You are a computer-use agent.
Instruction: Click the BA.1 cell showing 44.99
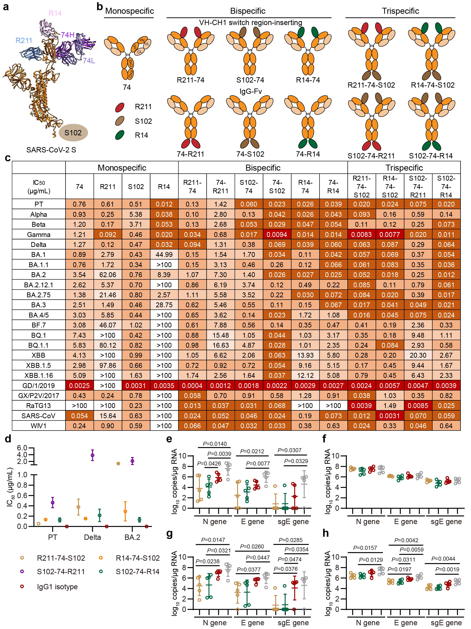[x=164, y=254]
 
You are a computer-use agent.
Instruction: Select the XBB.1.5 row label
[x=39, y=365]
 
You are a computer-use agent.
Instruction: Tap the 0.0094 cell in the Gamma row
[x=277, y=235]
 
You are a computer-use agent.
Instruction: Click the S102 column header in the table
[x=136, y=187]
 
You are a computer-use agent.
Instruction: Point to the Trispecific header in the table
[x=404, y=168]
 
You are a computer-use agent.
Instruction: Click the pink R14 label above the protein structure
[x=55, y=13]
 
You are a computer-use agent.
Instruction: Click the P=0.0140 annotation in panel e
[x=215, y=444]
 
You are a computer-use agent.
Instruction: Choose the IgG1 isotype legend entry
[x=57, y=586]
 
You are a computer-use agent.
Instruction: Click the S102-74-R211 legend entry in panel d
[x=61, y=572]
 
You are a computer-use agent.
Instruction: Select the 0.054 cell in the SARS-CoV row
[x=80, y=416]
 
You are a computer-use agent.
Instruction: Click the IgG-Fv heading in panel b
[x=250, y=91]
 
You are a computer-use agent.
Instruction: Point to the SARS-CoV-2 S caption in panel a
[x=51, y=150]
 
